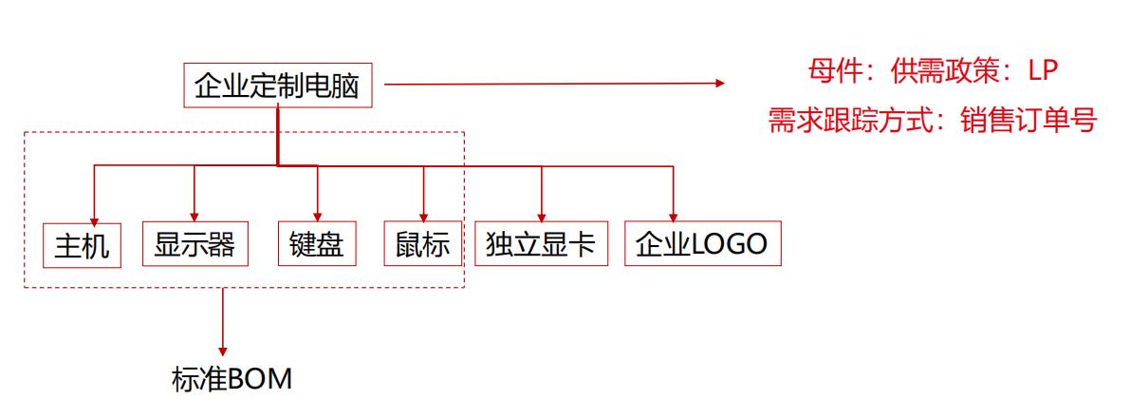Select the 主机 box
[x=81, y=245]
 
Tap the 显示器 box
[x=194, y=244]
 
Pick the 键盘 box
[x=316, y=244]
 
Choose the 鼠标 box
[x=422, y=244]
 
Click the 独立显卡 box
[x=541, y=244]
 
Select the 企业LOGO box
[x=701, y=244]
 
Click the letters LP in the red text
[x=1042, y=70]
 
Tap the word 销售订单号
[x=1041, y=121]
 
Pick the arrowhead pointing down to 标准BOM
[x=223, y=352]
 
